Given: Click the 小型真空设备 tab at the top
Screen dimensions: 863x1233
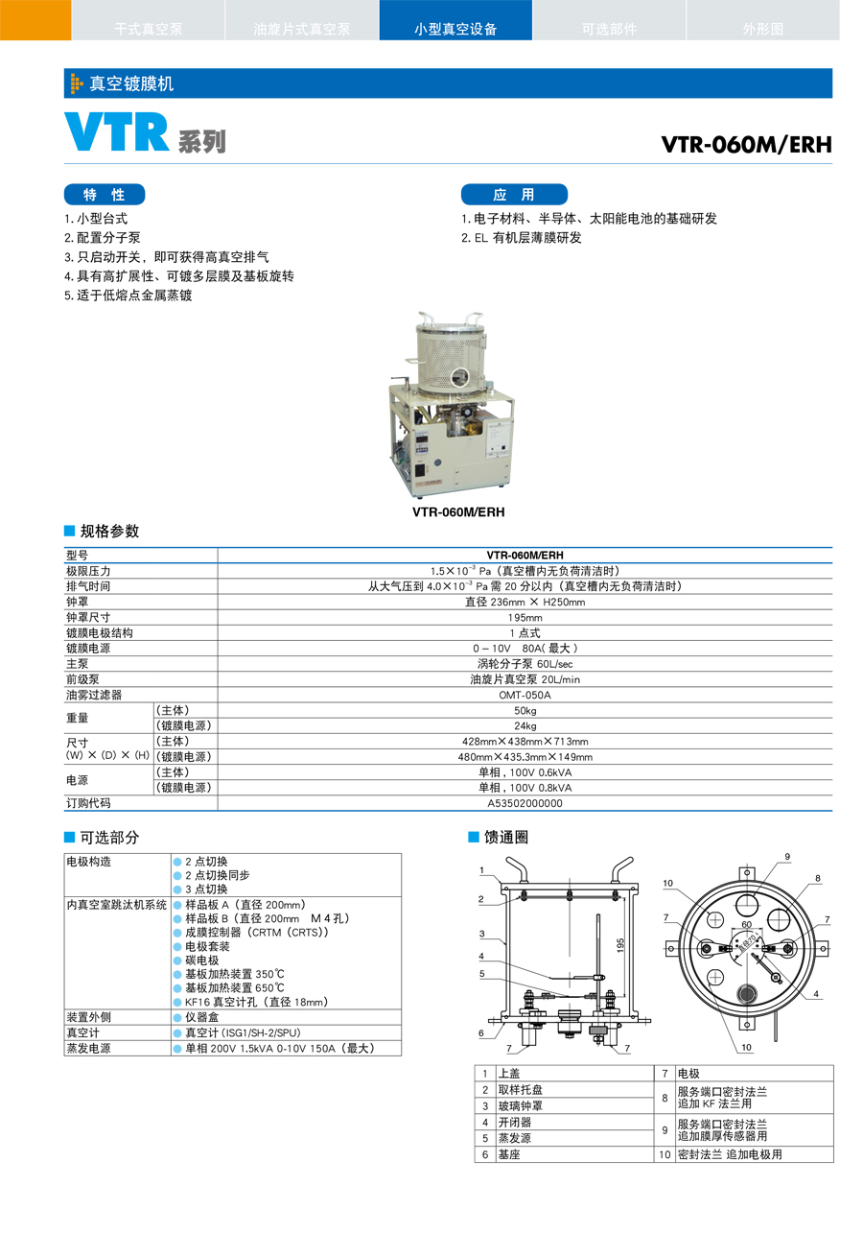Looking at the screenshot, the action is pos(455,29).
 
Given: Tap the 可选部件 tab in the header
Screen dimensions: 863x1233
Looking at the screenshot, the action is pos(609,29).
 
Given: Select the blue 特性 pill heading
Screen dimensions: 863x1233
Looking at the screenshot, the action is pos(105,195).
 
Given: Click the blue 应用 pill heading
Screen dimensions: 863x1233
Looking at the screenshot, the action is pos(514,195).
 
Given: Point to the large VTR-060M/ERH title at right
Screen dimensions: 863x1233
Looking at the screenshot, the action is pos(746,145).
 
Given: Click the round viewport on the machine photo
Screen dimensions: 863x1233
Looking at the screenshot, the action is pos(459,378).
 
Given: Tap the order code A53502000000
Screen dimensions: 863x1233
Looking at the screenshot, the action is pos(525,803).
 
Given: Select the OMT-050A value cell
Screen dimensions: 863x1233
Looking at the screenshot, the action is pos(525,695).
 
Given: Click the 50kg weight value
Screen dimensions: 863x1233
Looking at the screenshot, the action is pos(525,710).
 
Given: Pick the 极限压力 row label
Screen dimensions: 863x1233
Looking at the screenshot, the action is pos(88,571).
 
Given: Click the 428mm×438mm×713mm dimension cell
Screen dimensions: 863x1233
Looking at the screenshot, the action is pos(525,742).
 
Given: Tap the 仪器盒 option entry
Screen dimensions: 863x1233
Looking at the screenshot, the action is pos(202,1017).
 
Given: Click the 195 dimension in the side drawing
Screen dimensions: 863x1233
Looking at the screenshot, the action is pos(620,946).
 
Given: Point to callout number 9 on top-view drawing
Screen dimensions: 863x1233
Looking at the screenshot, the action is pos(787,857).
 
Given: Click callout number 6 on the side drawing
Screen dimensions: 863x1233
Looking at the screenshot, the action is pos(480,1033).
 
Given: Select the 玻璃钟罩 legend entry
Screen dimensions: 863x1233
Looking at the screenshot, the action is pos(521,1105).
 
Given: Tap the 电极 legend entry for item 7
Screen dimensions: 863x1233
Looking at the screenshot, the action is pos(688,1074).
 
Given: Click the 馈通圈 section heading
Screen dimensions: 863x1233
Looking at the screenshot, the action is pos(506,838).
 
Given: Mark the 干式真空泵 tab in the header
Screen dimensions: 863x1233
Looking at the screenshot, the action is pos(148,29).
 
